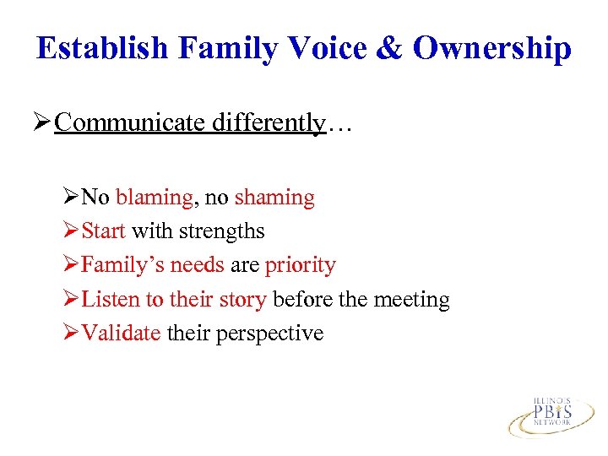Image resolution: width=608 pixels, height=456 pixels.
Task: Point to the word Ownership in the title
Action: (492, 48)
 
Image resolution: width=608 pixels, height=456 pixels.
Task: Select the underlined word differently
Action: (268, 123)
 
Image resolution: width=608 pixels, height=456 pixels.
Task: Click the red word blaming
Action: (154, 198)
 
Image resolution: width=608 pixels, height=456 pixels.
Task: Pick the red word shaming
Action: (274, 198)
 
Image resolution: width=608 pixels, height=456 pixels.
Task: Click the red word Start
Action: (104, 231)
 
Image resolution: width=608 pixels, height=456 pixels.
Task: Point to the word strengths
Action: (220, 231)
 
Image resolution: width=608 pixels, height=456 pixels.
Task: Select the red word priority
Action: (300, 265)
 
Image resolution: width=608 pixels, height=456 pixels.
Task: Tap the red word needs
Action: (197, 265)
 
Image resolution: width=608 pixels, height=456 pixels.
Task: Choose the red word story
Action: (245, 299)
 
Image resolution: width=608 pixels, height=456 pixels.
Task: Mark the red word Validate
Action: (121, 333)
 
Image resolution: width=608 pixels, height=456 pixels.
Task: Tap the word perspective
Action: (269, 333)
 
